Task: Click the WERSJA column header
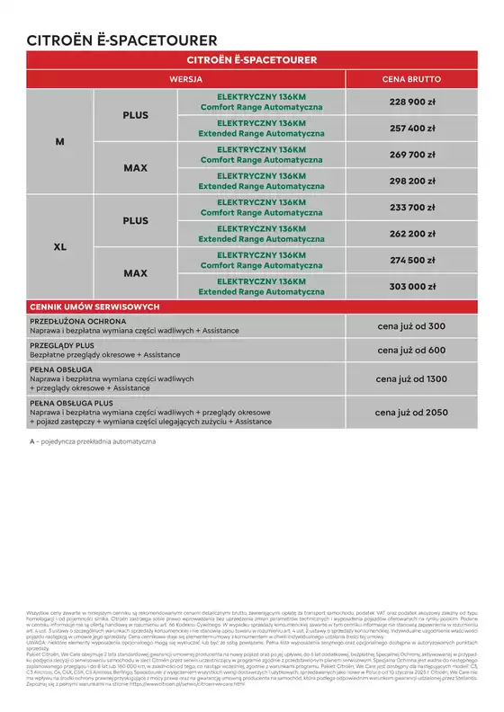(x=191, y=79)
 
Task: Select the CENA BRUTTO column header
(x=411, y=79)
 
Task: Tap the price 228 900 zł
(x=411, y=102)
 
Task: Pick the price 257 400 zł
(x=411, y=128)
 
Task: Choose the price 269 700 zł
(x=411, y=154)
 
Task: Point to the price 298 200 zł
(x=411, y=180)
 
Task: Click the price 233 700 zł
(x=411, y=207)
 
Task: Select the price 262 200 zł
(x=411, y=233)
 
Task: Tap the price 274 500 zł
(x=411, y=260)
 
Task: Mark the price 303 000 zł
(x=411, y=286)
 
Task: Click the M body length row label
(x=60, y=141)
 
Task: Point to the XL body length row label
(x=60, y=246)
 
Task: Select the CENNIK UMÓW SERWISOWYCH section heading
(x=94, y=307)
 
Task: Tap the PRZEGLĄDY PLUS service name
(x=64, y=345)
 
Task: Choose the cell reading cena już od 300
(x=411, y=325)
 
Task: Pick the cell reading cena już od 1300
(x=411, y=379)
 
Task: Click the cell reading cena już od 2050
(x=411, y=412)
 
